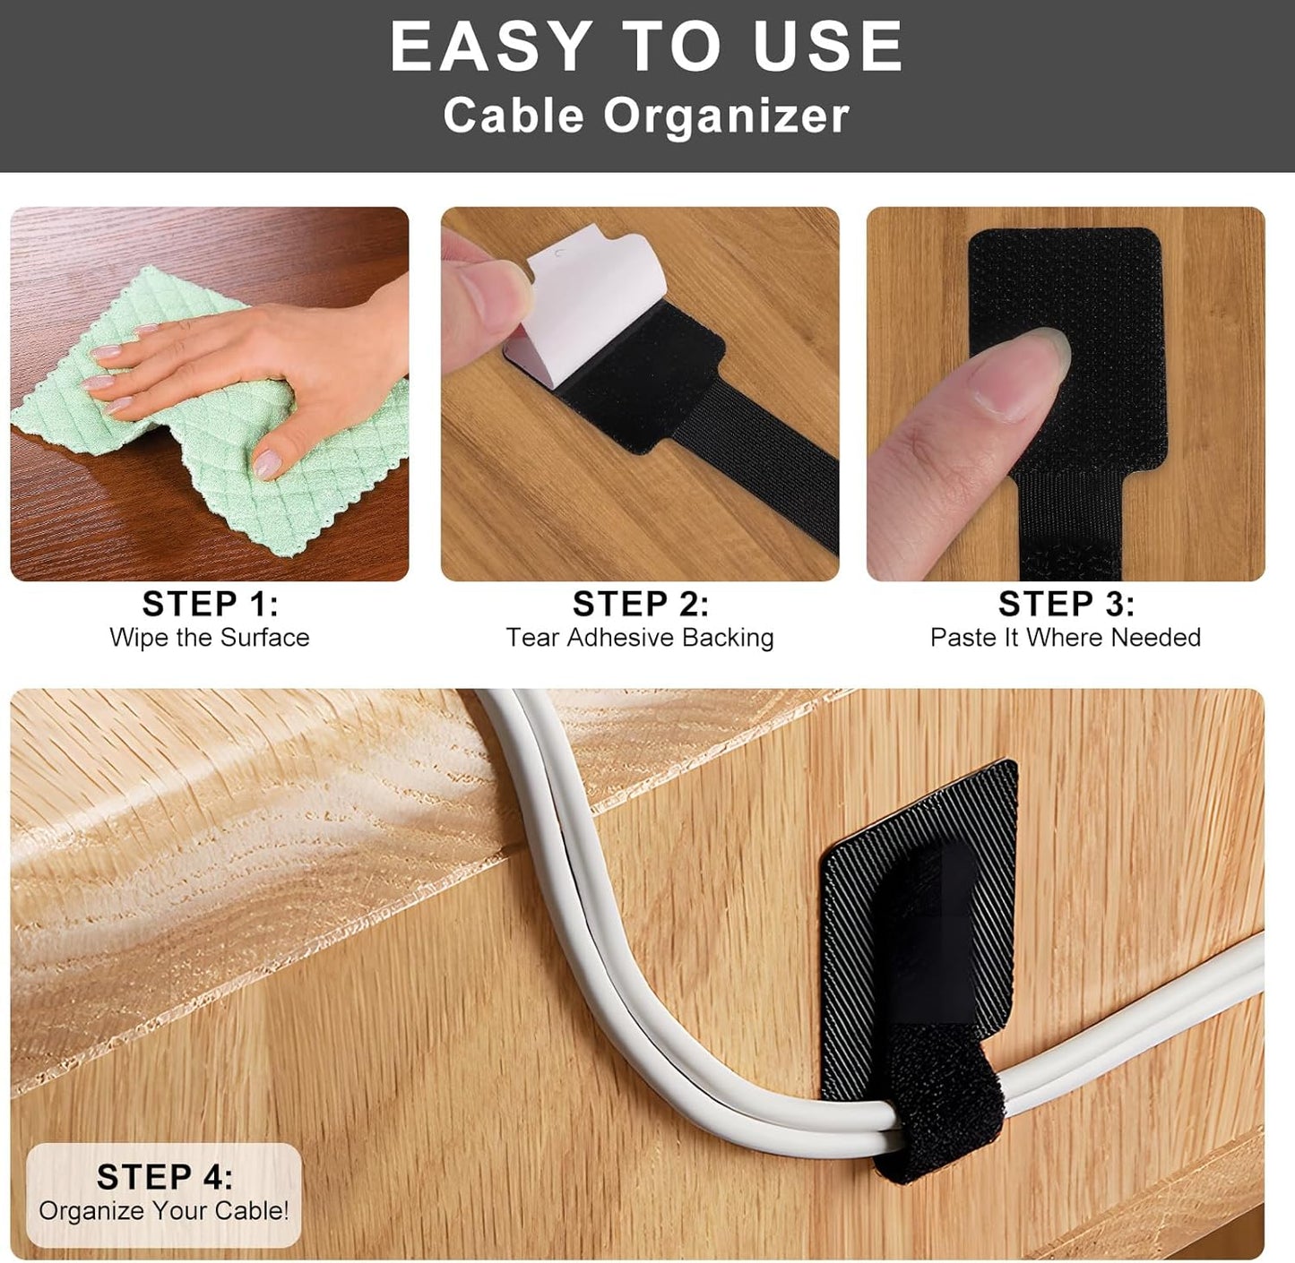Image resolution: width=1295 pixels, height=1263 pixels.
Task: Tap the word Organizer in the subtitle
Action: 726,116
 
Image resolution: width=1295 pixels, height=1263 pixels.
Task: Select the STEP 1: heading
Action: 210,604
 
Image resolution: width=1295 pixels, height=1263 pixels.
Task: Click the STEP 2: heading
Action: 640,604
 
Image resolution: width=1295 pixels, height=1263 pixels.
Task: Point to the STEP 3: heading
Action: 1066,604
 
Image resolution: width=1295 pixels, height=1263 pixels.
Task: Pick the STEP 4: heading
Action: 164,1177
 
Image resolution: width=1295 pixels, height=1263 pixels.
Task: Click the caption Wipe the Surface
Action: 210,638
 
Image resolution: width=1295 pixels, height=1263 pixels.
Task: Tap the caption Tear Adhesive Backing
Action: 640,638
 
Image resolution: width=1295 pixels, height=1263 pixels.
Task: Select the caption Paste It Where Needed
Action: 1066,638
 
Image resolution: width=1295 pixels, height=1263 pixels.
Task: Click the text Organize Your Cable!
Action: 164,1211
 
